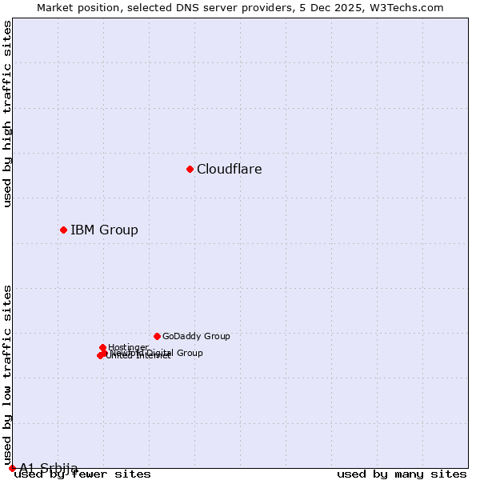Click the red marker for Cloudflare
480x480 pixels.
pos(190,169)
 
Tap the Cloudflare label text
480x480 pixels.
pos(230,169)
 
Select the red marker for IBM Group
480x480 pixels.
pos(63,230)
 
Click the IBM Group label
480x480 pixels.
pos(104,230)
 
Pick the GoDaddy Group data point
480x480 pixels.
pos(157,336)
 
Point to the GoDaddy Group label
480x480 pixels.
pos(196,337)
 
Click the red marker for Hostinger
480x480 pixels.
pos(103,347)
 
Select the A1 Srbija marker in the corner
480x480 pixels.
pos(12,468)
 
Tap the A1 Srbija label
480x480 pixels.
pos(49,467)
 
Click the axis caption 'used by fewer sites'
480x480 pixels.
pos(82,474)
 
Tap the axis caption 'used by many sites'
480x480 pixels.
pos(402,474)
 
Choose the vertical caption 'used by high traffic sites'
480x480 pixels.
pos(8,114)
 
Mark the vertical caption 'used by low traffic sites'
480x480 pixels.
pos(8,374)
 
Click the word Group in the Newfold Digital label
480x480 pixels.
pos(189,353)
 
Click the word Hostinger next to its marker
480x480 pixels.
pos(128,347)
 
